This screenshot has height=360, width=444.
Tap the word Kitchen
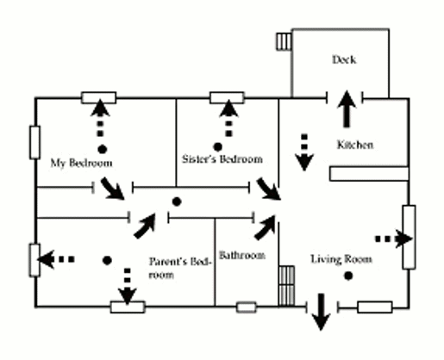click(355, 145)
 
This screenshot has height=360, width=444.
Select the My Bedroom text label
click(81, 162)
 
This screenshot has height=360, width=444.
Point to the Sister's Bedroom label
click(222, 159)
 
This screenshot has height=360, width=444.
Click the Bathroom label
click(241, 256)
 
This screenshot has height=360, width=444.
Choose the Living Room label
click(341, 258)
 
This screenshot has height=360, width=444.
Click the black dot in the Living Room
click(348, 276)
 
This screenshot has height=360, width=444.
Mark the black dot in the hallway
click(176, 202)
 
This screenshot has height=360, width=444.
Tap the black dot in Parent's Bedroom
click(107, 259)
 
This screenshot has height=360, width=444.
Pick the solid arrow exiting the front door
click(321, 312)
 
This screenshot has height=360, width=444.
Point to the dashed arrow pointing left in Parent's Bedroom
click(58, 258)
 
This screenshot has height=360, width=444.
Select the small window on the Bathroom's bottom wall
click(247, 307)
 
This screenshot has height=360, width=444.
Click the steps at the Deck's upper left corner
click(284, 41)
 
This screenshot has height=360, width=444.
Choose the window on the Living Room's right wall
click(409, 237)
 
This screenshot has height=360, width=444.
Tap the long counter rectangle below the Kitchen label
click(366, 174)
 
